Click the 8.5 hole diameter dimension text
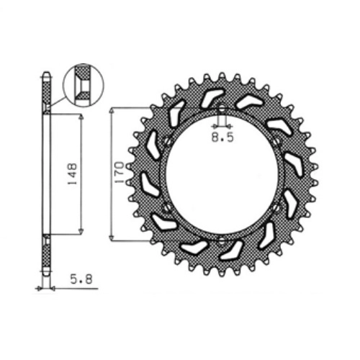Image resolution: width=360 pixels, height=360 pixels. click(x=222, y=138)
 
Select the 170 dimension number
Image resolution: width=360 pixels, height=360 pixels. click(x=120, y=173)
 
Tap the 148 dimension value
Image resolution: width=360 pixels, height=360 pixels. click(x=72, y=174)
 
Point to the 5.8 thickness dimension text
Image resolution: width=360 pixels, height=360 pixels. click(x=81, y=279)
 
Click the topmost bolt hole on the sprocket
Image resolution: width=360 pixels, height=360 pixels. click(x=222, y=108)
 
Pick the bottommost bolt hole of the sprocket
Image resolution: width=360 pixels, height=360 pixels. click(x=222, y=240)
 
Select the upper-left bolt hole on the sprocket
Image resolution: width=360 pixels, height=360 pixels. click(x=168, y=141)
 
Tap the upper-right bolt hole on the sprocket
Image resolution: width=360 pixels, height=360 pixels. click(x=276, y=141)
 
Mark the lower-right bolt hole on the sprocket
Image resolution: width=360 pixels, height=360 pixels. click(x=276, y=207)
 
